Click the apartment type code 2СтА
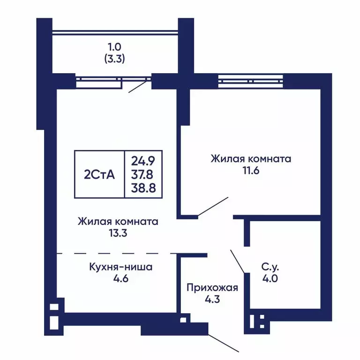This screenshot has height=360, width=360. [x=99, y=174]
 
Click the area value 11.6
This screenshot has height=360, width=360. [x=251, y=171]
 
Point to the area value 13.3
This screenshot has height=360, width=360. [x=118, y=233]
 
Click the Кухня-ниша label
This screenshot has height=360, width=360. [x=121, y=267]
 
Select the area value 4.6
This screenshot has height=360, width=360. [x=120, y=278]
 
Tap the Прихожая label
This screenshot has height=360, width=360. [x=212, y=287]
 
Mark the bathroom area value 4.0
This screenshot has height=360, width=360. [x=270, y=278]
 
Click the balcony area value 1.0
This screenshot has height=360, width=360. [x=114, y=47]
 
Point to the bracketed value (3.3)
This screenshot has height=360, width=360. [x=114, y=59]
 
